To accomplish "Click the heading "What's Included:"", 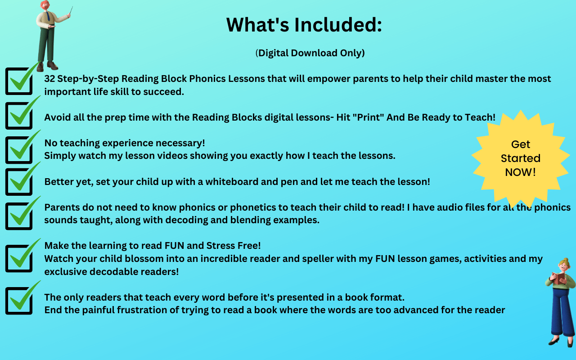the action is tap(304, 25).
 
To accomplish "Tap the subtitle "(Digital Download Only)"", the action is tap(310, 53).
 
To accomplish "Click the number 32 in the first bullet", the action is tap(49, 79).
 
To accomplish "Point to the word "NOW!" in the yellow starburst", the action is tap(521, 172).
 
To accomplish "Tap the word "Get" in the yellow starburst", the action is tap(521, 144).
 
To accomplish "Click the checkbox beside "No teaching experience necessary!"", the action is tap(19, 150).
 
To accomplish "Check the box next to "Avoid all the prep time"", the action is tap(19, 116).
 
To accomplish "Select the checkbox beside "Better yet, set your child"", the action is tap(19, 182).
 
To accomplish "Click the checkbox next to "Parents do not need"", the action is tap(19, 216).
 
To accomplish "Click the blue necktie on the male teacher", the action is tap(48, 16).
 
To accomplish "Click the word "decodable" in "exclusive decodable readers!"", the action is tap(114, 271).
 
